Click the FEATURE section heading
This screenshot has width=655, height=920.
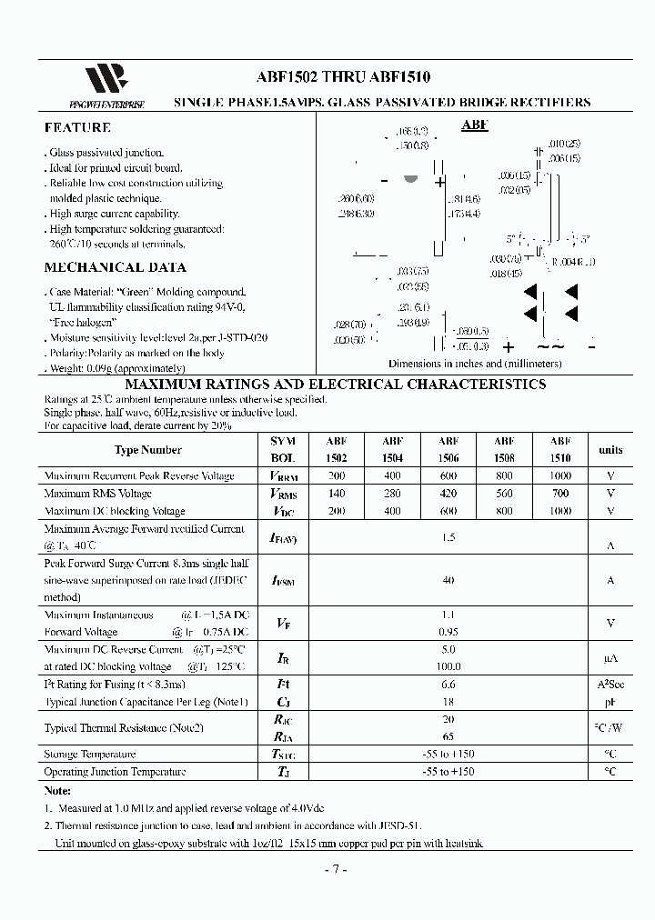tap(78, 128)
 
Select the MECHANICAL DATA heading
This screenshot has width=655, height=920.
tap(115, 267)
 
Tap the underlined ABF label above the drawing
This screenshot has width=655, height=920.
tap(474, 125)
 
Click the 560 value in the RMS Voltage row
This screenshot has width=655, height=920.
tap(504, 494)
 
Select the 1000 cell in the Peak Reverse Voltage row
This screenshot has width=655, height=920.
tap(560, 476)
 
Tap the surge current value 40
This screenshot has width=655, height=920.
tap(448, 580)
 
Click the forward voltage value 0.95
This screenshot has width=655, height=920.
tap(448, 632)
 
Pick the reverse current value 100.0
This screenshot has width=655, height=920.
tap(448, 666)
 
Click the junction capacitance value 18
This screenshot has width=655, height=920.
tap(448, 702)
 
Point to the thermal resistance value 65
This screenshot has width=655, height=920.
tap(448, 736)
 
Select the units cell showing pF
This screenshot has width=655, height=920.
tap(610, 702)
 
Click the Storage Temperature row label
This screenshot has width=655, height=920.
tap(90, 755)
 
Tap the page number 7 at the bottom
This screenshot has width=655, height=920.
tap(335, 869)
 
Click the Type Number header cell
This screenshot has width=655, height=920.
tap(148, 449)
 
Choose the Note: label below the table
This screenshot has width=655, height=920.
tap(57, 791)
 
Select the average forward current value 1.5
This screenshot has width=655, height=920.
tap(448, 537)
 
